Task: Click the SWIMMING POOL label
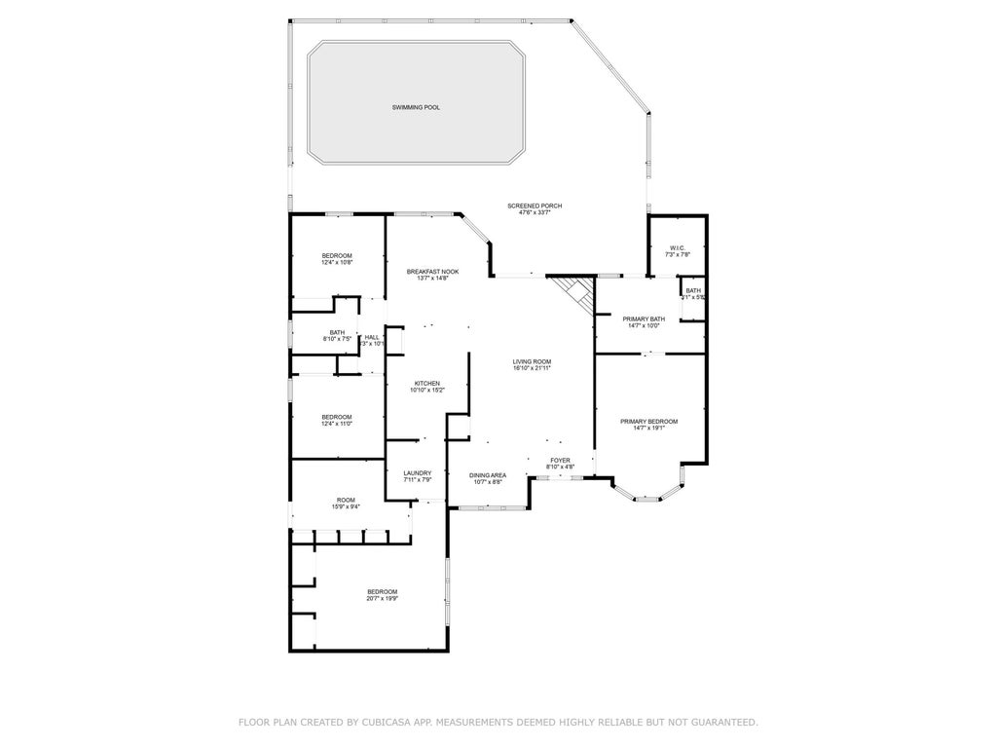click(416, 107)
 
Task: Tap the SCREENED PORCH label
click(535, 206)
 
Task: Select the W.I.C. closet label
click(677, 248)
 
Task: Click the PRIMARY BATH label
click(644, 318)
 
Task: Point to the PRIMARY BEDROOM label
click(648, 422)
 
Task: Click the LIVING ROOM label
click(533, 362)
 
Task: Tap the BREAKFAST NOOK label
click(432, 272)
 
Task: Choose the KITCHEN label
click(427, 384)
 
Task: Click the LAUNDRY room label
click(417, 473)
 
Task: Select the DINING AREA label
click(488, 475)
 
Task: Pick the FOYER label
click(560, 460)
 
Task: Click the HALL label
click(372, 337)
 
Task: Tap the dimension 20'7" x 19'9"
click(382, 599)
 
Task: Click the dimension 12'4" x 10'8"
click(337, 262)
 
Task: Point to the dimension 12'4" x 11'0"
click(337, 424)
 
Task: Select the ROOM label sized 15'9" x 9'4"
click(346, 500)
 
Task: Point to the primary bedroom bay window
click(647, 493)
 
